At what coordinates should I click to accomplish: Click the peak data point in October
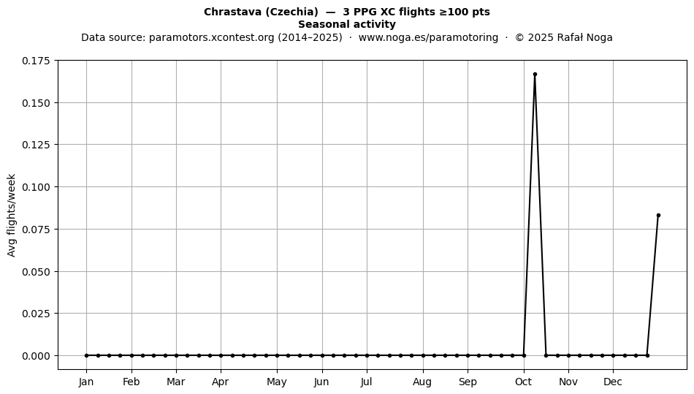coord(535,75)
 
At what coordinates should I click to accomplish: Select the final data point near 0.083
coord(658,215)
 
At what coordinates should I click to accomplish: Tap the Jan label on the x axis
coord(86,382)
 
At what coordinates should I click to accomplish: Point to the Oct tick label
coord(524,382)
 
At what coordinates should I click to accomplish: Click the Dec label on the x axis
coord(613,382)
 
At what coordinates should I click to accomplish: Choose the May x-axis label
coord(277,382)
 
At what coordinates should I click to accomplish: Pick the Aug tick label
coord(422,382)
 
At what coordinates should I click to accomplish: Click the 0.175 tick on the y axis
coord(37,61)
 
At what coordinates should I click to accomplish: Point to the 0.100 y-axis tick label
coord(37,187)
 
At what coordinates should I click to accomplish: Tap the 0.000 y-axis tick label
coord(37,355)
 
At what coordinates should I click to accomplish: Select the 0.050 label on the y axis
coord(37,271)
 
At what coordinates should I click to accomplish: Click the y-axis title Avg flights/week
coord(12,215)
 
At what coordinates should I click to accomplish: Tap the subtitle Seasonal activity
coord(347,24)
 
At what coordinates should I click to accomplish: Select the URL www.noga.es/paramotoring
coord(428,37)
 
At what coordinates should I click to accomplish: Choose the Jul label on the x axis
coord(366,382)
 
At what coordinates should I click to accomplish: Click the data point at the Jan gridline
coord(86,355)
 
